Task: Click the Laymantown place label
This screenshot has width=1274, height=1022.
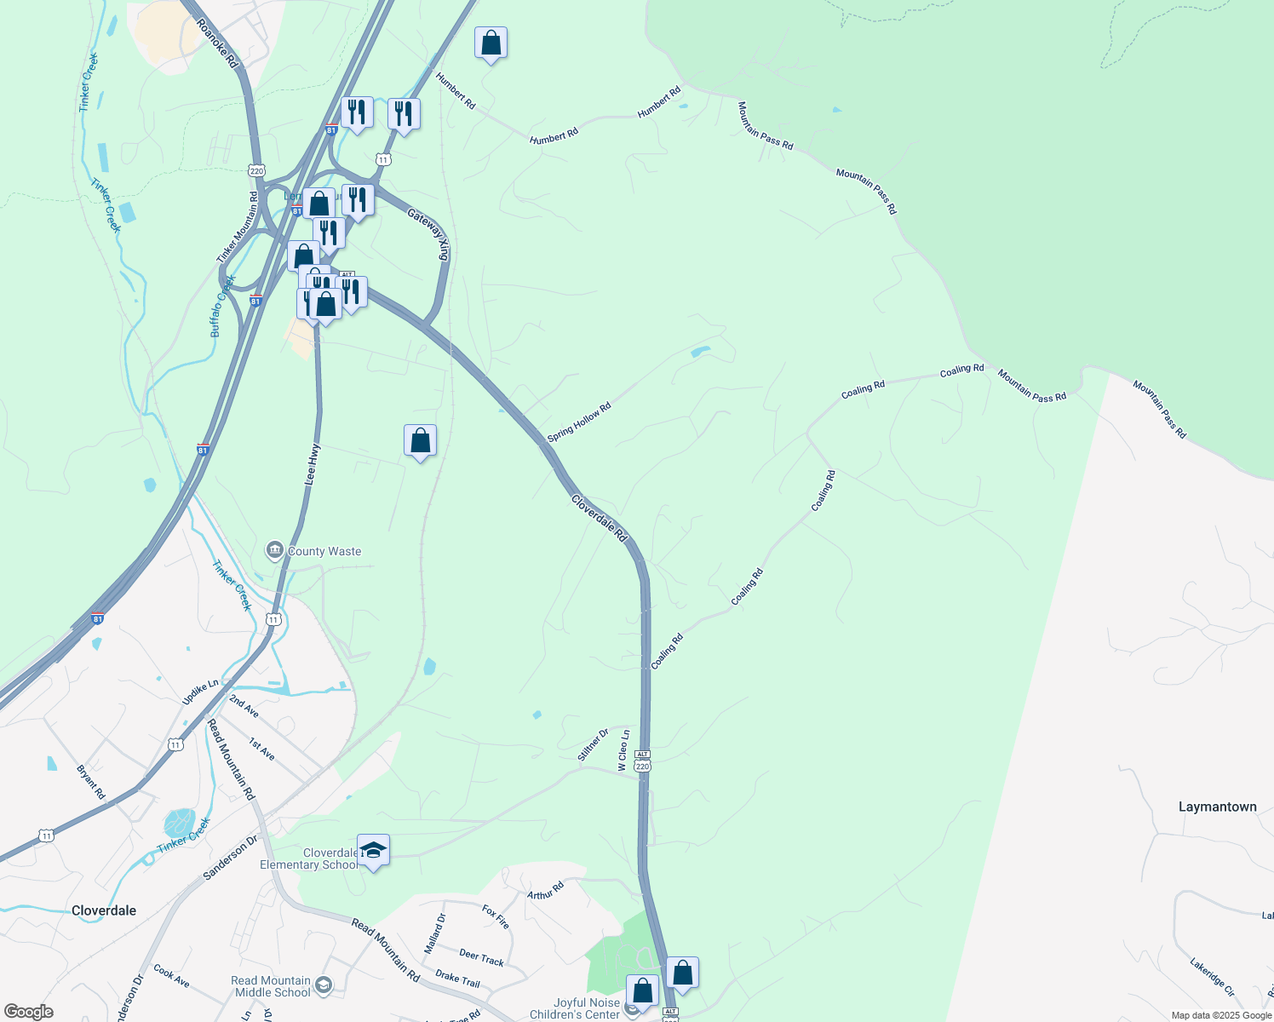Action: point(1217,807)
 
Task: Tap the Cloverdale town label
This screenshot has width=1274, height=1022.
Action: point(104,910)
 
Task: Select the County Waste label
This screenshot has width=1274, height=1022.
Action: point(324,551)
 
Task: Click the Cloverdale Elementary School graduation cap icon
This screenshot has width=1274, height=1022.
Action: point(373,850)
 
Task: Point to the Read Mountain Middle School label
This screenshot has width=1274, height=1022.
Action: point(271,986)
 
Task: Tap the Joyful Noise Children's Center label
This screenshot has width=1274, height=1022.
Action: point(575,1008)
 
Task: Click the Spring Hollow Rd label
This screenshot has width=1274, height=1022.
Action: point(579,422)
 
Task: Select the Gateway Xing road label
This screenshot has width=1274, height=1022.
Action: point(428,234)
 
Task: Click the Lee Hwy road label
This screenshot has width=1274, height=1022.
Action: point(313,465)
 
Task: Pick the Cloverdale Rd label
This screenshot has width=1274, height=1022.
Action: point(599,518)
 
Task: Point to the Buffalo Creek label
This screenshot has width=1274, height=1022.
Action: point(221,306)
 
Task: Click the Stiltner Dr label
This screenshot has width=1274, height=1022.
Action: point(594,744)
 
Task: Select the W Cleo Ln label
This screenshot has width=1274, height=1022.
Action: point(624,750)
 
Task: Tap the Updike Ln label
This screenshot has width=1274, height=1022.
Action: point(200,692)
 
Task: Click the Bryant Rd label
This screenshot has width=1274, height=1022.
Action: point(91,782)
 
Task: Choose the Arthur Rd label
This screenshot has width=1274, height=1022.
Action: point(545,891)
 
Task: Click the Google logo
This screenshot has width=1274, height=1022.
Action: point(28,1012)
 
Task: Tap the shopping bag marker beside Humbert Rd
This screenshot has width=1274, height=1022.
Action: point(491,43)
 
